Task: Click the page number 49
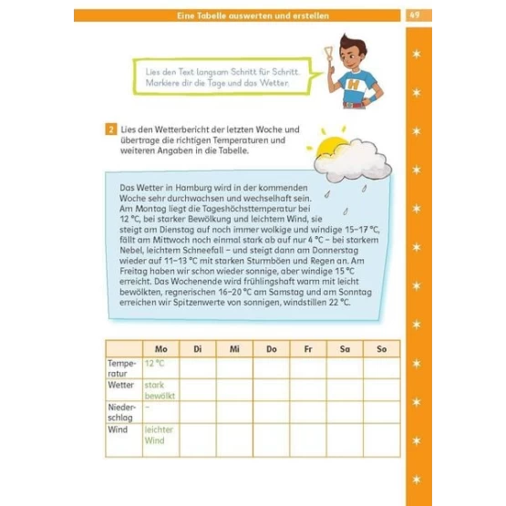coord(414,15)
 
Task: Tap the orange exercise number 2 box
coord(111,129)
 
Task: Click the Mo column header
coord(161,349)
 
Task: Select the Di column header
coord(198,349)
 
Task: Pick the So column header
coord(382,349)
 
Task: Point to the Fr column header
coord(308,349)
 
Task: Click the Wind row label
coord(118,429)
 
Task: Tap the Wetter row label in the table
coord(120,385)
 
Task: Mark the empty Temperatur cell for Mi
coord(234,368)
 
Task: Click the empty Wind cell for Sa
coord(345,440)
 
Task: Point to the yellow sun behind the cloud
coord(330,146)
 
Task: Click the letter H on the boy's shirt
coord(354,85)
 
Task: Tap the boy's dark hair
coord(354,45)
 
